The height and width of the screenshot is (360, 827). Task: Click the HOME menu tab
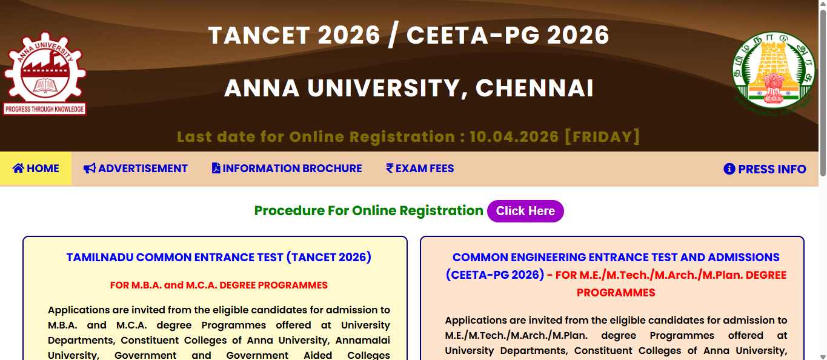(x=36, y=168)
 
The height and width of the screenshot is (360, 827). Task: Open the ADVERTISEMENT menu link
(x=136, y=168)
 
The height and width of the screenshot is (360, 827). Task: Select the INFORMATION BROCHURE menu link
(x=287, y=168)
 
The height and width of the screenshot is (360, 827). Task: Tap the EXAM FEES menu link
(x=420, y=168)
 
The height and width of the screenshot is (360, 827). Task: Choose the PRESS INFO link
(x=765, y=169)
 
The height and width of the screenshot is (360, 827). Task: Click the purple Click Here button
(x=525, y=211)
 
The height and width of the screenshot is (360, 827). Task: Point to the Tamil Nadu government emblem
(x=771, y=73)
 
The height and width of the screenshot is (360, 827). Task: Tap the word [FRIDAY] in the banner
(x=602, y=136)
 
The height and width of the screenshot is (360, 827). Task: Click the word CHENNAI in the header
(x=534, y=88)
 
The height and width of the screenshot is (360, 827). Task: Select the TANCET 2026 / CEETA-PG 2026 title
(x=408, y=36)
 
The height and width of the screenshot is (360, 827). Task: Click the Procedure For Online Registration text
(x=368, y=211)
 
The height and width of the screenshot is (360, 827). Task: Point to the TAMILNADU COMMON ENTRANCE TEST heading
(x=219, y=258)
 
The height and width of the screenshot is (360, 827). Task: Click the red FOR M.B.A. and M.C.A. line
(x=219, y=285)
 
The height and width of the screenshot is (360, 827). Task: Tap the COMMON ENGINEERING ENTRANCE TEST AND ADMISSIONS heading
(x=616, y=258)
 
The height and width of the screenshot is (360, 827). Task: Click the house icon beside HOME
(x=18, y=168)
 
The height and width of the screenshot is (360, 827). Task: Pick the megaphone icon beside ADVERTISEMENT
(x=90, y=168)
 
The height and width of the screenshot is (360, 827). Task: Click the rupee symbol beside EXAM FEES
(x=390, y=168)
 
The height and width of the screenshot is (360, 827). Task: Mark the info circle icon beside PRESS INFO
(x=729, y=169)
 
